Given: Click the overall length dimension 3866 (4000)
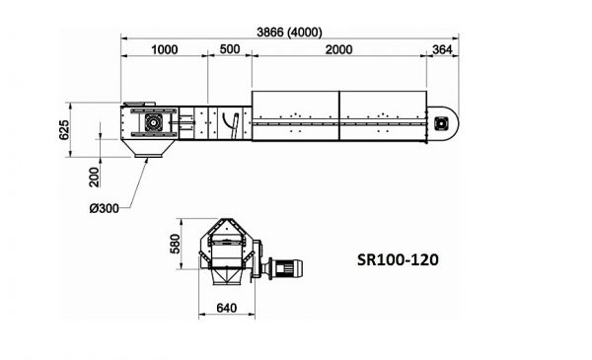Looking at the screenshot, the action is click(x=289, y=33).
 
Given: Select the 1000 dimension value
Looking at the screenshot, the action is click(x=164, y=50).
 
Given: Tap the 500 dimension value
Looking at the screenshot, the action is click(x=230, y=49).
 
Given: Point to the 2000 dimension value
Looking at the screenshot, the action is click(x=338, y=50).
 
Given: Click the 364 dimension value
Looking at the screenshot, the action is click(x=442, y=50).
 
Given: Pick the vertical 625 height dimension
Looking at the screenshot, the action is click(x=64, y=130).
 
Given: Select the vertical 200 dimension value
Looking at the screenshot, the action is click(x=94, y=177).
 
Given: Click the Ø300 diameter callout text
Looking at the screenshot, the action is click(x=105, y=208).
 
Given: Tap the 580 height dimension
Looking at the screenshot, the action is click(x=176, y=244).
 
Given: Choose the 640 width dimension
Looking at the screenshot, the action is click(x=227, y=309).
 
